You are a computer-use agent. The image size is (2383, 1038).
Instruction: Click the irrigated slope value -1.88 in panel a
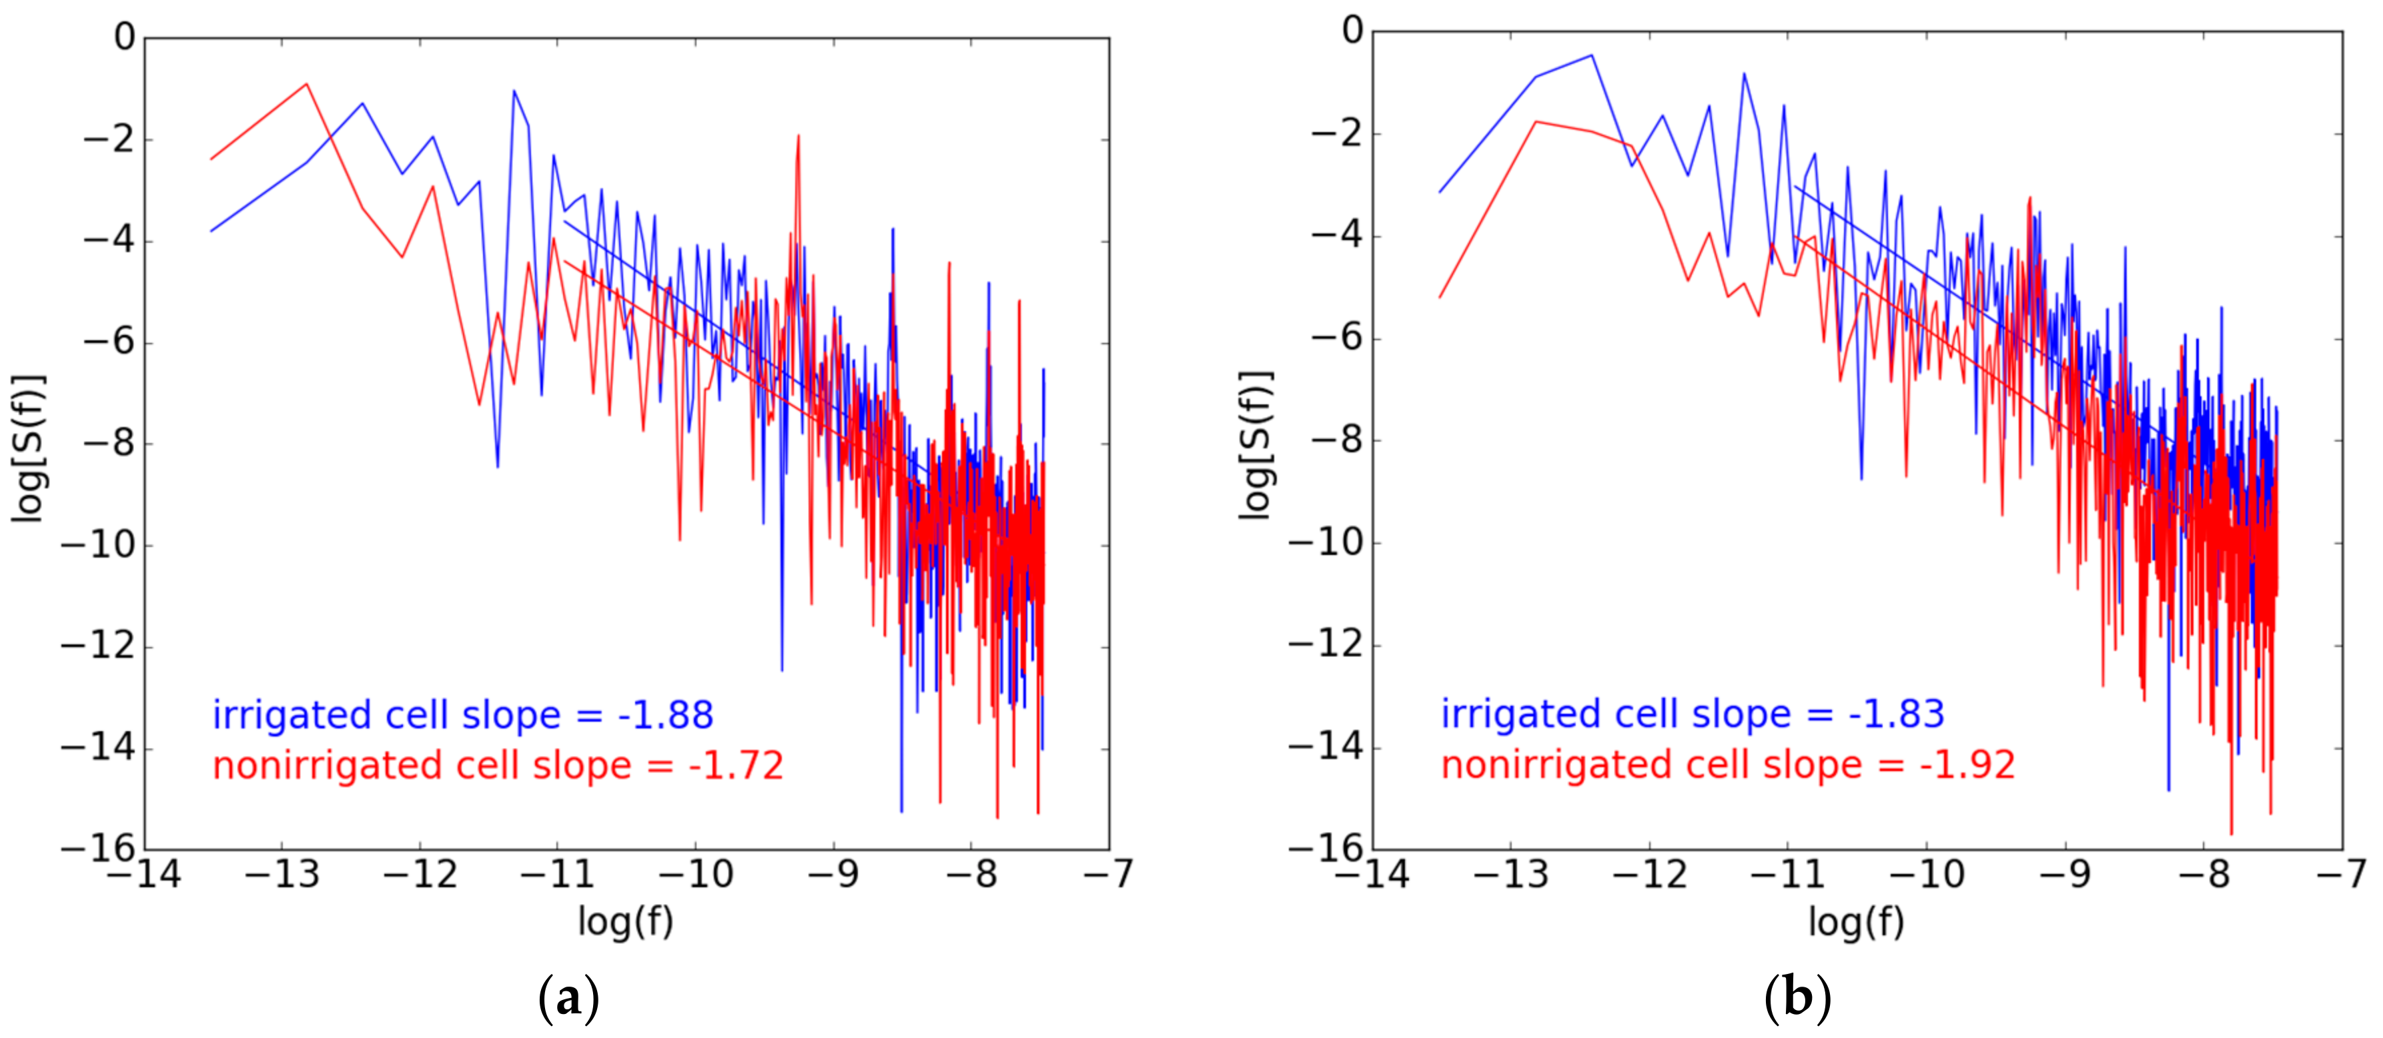(666, 715)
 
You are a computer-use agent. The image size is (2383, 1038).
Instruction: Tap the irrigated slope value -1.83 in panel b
(1897, 714)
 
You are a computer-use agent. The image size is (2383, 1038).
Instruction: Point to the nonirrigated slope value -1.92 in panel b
(1967, 765)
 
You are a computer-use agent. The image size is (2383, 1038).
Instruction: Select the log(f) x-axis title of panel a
(625, 921)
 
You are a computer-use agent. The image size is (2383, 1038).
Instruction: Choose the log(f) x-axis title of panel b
(1856, 921)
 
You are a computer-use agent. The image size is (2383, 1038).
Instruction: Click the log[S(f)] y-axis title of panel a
(29, 448)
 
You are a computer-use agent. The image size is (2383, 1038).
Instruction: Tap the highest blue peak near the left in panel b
(1591, 55)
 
